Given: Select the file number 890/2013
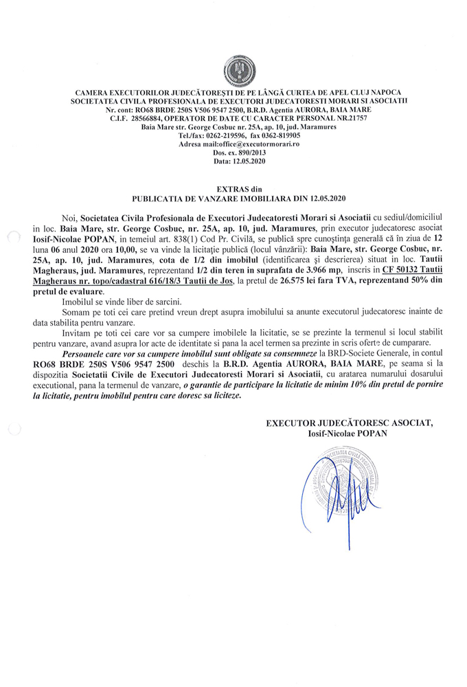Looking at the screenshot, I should click(x=242, y=153).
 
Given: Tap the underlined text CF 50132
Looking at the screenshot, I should click(x=400, y=290).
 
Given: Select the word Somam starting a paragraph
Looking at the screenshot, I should click(x=76, y=332).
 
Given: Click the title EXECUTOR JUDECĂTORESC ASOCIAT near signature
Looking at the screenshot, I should click(x=350, y=423).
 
